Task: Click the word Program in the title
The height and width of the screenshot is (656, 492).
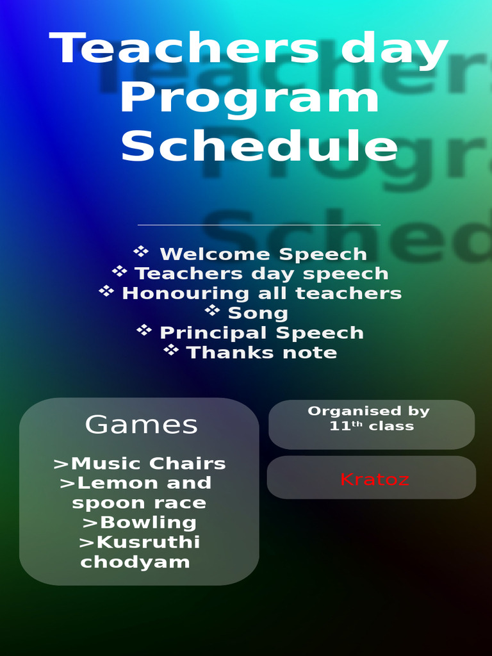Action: click(250, 99)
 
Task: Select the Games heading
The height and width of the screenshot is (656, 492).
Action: click(142, 424)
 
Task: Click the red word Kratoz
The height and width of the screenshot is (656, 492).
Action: click(374, 479)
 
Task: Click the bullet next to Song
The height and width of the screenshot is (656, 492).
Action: click(212, 310)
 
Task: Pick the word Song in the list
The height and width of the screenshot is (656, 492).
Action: click(258, 313)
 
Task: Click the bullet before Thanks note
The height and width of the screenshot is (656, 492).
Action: click(170, 350)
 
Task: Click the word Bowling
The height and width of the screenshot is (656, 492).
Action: click(148, 522)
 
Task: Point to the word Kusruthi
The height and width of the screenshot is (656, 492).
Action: click(148, 542)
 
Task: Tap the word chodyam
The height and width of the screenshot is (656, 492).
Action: click(135, 562)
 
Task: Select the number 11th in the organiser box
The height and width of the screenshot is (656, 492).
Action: click(341, 425)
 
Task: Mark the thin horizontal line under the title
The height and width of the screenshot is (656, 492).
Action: click(259, 225)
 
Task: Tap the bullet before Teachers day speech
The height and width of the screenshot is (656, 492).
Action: click(119, 271)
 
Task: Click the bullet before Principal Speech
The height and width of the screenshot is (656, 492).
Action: click(144, 330)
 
